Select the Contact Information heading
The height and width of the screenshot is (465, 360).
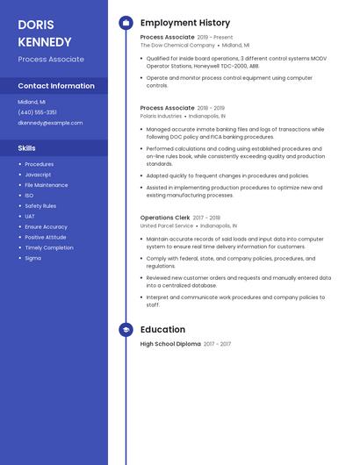click(x=56, y=86)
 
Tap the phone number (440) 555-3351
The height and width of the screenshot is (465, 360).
click(x=37, y=112)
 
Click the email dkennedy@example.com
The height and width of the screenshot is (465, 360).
click(x=50, y=123)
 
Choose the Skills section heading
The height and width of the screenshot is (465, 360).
click(x=26, y=148)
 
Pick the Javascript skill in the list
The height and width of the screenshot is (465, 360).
click(x=38, y=175)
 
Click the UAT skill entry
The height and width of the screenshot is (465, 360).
click(x=30, y=216)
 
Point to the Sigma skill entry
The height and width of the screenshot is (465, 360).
click(x=32, y=258)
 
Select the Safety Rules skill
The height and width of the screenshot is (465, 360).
click(x=40, y=205)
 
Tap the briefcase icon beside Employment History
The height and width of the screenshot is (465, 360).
click(x=126, y=23)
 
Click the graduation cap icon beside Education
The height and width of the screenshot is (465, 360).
click(x=126, y=330)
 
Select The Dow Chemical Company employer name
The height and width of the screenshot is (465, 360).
click(x=177, y=45)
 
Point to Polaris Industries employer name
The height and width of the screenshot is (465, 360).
click(x=161, y=116)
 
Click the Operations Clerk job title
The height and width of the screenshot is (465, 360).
click(x=165, y=217)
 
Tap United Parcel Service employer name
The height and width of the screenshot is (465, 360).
click(x=167, y=225)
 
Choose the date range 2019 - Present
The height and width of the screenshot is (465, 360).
click(x=215, y=37)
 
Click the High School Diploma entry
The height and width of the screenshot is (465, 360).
click(x=170, y=344)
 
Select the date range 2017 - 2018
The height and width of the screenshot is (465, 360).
click(x=206, y=217)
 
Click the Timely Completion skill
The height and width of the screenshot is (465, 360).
click(x=49, y=247)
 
